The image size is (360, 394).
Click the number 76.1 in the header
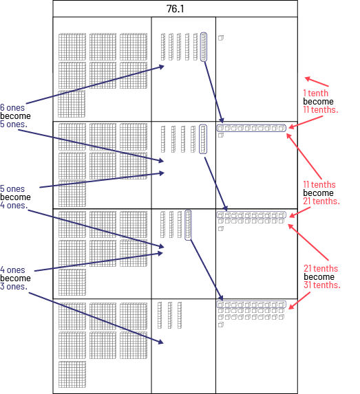point(175,9)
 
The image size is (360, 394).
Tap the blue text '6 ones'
point(12,107)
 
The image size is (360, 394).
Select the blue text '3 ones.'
point(14,287)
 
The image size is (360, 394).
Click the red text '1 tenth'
point(316,94)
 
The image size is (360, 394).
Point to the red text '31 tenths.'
point(321,285)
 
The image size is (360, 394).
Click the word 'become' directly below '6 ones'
point(15,116)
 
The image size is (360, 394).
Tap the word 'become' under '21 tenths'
point(319,276)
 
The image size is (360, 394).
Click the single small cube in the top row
point(221,38)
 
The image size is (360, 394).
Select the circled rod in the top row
point(204,47)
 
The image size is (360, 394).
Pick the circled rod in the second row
point(203,139)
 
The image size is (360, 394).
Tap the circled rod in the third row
point(188,225)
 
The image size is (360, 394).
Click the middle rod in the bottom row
point(170,315)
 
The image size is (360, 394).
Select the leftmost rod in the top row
point(163,47)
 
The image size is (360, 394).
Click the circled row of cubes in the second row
point(251,128)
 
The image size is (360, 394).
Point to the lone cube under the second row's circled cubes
point(221,135)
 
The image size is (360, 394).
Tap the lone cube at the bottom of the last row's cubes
point(221,325)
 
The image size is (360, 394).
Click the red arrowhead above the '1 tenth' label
point(307,78)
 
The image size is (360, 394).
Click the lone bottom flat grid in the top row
point(72,104)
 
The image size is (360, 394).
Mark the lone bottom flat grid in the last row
point(72,374)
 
